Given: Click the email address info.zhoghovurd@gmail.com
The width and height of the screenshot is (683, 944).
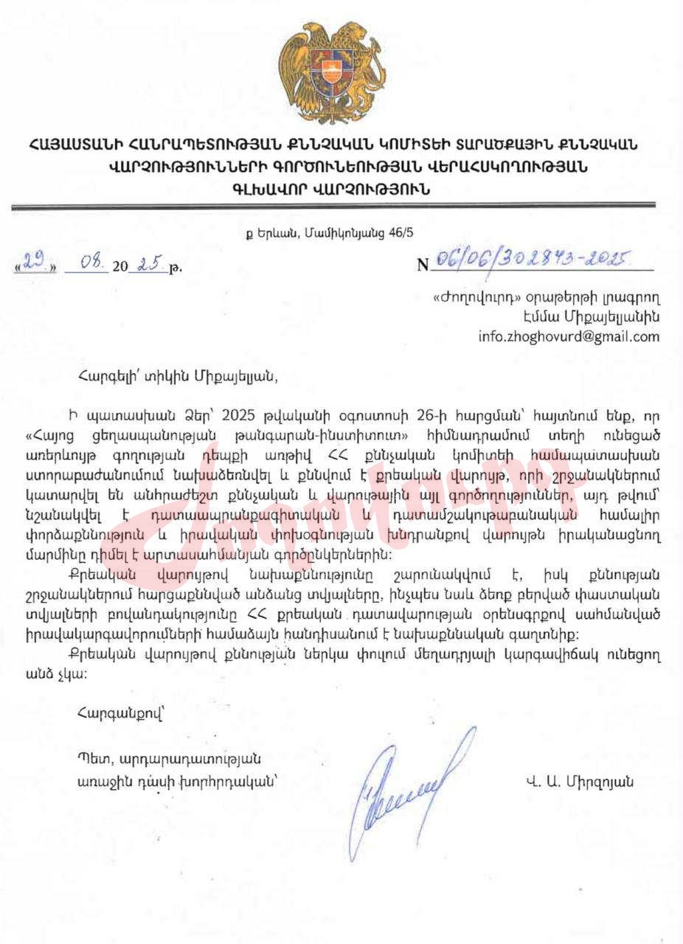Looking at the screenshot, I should (x=569, y=337).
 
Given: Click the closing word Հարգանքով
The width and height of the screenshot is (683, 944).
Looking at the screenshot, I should (x=111, y=713).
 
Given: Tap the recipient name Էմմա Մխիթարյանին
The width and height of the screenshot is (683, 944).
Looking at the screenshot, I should (x=594, y=318).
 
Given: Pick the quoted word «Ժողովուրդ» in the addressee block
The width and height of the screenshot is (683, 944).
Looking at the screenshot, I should (x=468, y=299).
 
